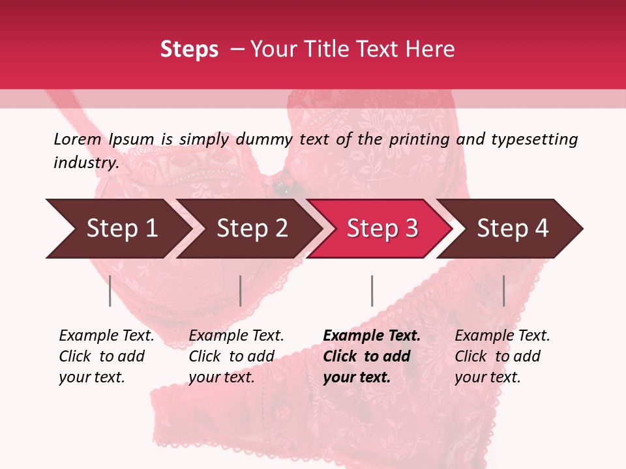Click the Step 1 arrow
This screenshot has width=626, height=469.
117,229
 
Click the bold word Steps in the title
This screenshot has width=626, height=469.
189,50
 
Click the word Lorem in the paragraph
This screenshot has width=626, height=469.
78,139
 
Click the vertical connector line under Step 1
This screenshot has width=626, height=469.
110,291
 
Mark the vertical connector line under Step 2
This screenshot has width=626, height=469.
241,291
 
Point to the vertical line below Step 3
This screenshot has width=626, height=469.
372,291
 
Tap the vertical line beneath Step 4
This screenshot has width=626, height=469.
503,291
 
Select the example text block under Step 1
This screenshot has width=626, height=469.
106,356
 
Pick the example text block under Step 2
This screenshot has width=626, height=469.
236,356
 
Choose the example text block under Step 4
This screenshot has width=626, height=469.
502,356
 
